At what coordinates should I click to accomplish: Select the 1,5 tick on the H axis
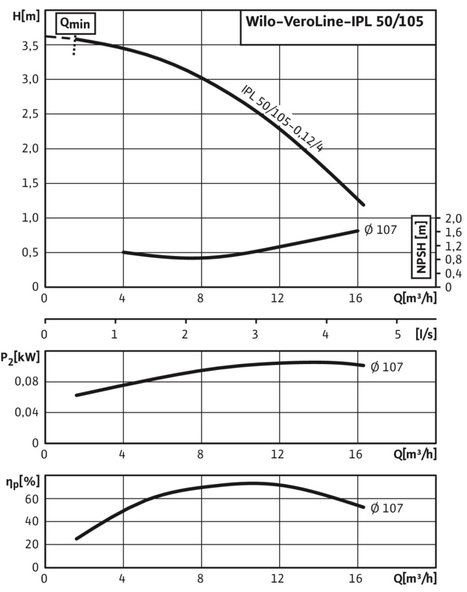30,183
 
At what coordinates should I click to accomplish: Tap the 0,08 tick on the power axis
27,382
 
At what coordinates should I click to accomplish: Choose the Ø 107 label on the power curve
387,367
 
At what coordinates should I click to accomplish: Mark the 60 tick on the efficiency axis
32,499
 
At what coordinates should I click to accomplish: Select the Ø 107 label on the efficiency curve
387,508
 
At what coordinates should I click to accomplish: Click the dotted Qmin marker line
74,47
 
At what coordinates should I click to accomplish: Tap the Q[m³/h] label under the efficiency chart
415,578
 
